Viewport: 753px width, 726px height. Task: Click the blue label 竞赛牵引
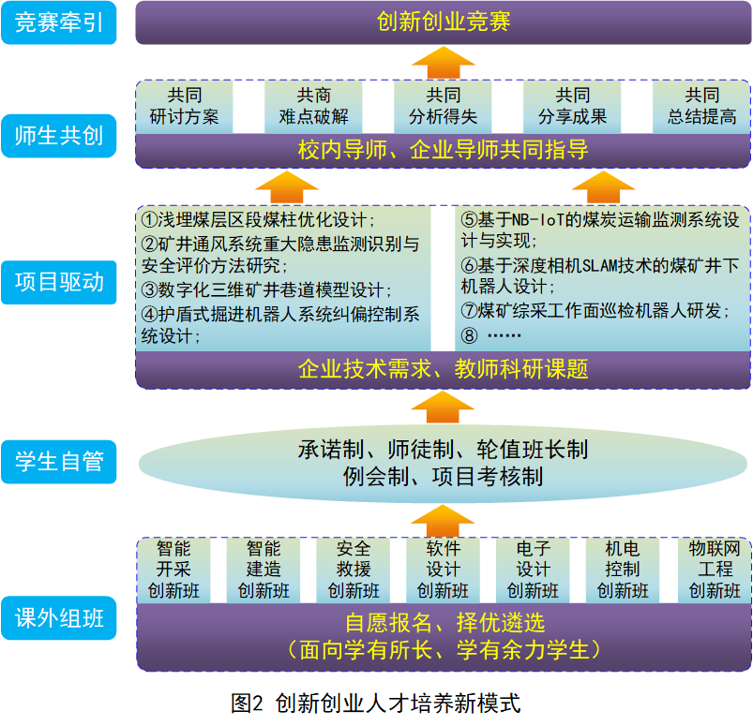click(x=58, y=22)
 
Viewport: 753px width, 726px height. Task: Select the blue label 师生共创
click(x=58, y=136)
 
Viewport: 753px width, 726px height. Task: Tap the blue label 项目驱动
click(x=58, y=282)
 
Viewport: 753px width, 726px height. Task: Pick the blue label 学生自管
click(x=58, y=462)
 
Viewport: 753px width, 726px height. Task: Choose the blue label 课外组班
click(x=58, y=617)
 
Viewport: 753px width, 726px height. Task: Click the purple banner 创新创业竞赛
click(x=444, y=22)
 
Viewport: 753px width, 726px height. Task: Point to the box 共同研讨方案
click(x=185, y=107)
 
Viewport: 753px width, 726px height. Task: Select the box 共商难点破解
click(x=313, y=107)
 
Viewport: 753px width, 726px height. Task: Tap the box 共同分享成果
click(x=572, y=107)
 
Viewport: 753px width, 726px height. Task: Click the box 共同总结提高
click(x=701, y=107)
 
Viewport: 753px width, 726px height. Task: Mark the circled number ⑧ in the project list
click(x=469, y=335)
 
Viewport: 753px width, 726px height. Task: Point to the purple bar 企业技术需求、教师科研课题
click(x=444, y=369)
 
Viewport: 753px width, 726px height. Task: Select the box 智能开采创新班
click(x=173, y=570)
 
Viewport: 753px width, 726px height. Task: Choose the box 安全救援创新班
click(x=354, y=570)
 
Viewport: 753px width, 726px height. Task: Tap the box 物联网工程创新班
click(x=715, y=570)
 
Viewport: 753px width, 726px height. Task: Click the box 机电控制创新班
click(x=623, y=570)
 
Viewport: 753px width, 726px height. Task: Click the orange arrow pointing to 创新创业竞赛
click(x=444, y=63)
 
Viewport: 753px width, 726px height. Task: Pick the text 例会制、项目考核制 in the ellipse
click(x=443, y=477)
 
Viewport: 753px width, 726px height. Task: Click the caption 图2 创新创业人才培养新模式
click(x=375, y=704)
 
